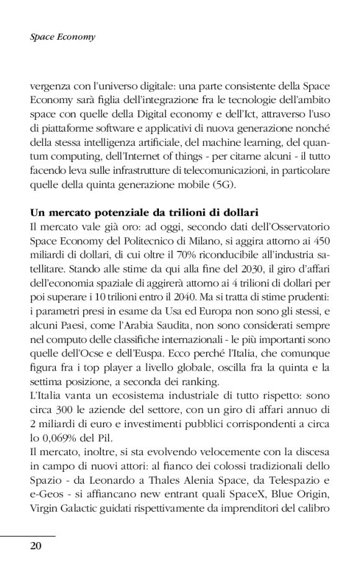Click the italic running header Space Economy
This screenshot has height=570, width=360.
(63, 37)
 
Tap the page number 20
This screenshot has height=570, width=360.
(36, 546)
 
